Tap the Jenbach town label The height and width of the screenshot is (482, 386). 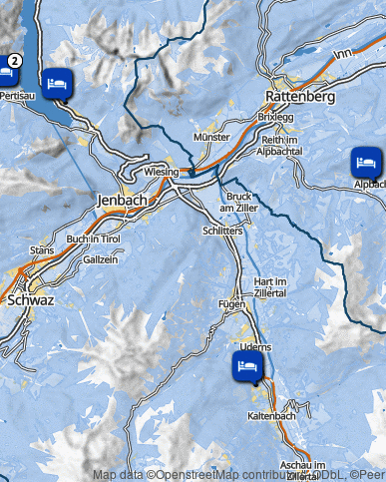[x=122, y=200]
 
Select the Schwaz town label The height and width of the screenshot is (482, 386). [x=29, y=298]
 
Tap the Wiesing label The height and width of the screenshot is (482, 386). [x=161, y=172]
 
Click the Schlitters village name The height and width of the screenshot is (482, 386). [x=221, y=230]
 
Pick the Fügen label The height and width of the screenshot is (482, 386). [x=231, y=302]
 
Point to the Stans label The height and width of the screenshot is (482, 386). [x=42, y=249]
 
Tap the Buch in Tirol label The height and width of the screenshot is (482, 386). [x=93, y=240]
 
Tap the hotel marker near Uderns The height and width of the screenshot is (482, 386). [x=246, y=366]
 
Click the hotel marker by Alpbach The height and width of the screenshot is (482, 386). [x=365, y=161]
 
